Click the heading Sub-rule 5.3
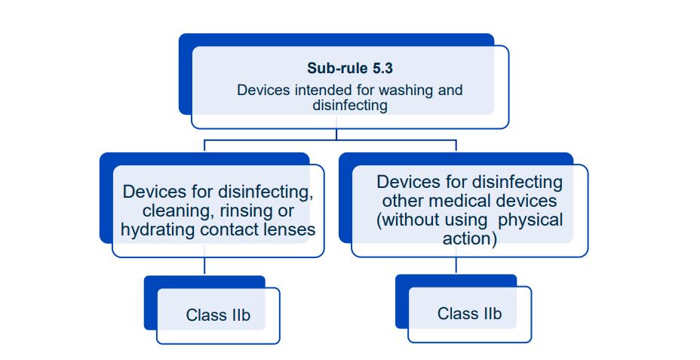[349, 68]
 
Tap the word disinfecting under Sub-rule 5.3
[349, 106]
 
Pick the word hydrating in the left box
[156, 229]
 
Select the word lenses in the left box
[290, 229]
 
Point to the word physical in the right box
[531, 220]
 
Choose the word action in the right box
[469, 238]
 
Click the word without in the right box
[415, 220]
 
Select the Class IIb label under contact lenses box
[217, 315]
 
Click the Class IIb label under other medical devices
[469, 312]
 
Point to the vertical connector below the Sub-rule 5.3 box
[336, 134]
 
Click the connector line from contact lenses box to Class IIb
[204, 266]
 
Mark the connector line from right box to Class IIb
[456, 265]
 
